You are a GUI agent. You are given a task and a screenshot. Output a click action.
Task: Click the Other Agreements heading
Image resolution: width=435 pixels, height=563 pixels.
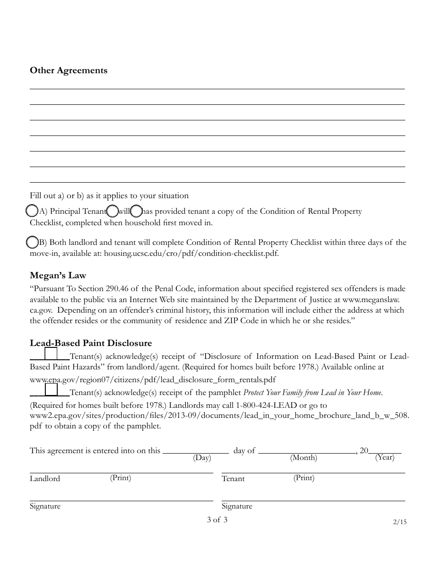[x=69, y=70]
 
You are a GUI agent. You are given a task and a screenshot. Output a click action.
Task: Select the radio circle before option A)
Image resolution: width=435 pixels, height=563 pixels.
[x=32, y=211]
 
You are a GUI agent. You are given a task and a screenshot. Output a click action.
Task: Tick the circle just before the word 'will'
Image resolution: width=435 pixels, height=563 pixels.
[x=112, y=211]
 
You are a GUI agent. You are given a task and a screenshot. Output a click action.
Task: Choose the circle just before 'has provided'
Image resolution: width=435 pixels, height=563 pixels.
[x=136, y=211]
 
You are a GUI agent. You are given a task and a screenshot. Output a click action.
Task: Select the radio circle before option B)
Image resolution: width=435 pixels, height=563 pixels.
[x=32, y=242]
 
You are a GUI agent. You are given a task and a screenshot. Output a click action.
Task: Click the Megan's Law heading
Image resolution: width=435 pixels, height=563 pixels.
[x=58, y=276]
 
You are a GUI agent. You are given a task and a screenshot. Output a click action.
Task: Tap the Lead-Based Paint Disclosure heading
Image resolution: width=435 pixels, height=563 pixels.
[x=91, y=343]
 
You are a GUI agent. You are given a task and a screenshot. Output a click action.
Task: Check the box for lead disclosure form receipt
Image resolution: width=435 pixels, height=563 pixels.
[x=51, y=354]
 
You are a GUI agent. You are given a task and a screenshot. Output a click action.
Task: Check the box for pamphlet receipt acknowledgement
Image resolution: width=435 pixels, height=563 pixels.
[x=51, y=390]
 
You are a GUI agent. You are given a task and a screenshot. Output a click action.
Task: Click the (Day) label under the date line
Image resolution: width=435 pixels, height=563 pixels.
[x=202, y=458]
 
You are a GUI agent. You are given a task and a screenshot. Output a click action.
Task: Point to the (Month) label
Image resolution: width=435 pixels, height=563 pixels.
[x=303, y=458]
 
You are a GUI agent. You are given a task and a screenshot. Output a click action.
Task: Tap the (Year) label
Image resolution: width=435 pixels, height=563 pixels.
[x=385, y=457]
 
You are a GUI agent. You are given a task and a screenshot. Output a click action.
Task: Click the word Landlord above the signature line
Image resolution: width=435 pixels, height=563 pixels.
[x=45, y=479]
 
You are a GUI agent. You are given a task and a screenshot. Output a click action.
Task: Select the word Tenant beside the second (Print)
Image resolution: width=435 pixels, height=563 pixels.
[x=233, y=479]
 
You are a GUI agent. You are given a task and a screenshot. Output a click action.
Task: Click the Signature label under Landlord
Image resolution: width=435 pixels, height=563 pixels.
[x=45, y=506]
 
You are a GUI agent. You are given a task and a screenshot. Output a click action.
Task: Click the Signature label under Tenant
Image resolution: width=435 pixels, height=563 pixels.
[x=237, y=506]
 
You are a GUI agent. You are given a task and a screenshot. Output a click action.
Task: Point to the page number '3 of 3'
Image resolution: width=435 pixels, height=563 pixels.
[x=217, y=520]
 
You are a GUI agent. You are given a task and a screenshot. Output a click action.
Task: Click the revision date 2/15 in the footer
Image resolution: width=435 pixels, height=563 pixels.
[x=399, y=522]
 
